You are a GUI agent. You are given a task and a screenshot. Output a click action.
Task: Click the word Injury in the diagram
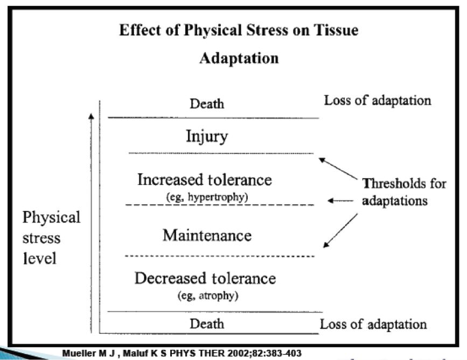(206, 136)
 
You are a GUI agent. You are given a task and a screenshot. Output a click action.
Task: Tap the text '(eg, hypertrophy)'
(207, 197)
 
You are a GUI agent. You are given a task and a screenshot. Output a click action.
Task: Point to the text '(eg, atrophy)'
(207, 295)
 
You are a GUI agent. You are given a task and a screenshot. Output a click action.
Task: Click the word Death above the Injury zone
(207, 103)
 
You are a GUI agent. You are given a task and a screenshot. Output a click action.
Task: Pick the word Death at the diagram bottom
(207, 323)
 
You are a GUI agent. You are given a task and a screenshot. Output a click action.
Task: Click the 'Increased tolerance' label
(205, 179)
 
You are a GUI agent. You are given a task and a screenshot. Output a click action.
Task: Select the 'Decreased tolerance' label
(205, 278)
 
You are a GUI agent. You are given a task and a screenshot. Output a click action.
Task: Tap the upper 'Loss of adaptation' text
(377, 100)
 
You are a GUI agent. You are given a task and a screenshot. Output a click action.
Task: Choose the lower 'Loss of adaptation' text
(373, 324)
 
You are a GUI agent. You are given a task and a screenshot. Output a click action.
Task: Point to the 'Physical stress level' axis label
(51, 237)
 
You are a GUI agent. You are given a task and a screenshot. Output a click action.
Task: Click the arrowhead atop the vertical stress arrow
(92, 116)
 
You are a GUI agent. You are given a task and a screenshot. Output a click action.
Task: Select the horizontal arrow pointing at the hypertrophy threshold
(339, 201)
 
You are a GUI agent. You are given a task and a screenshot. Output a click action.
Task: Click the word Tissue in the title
(336, 30)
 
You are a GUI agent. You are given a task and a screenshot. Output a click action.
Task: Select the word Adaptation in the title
(239, 58)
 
